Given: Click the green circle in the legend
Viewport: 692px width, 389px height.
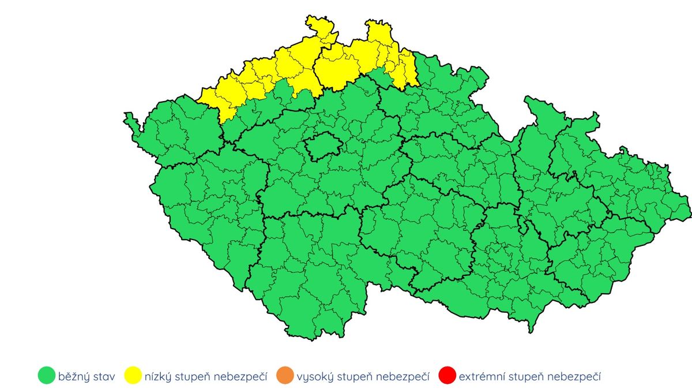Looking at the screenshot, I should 46,376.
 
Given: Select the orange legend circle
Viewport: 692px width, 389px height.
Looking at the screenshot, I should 284,376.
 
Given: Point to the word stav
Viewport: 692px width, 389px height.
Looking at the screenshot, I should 105,377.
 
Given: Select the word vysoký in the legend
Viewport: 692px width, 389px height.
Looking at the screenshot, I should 314,377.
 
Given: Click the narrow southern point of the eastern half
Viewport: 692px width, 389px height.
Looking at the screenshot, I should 531,330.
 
